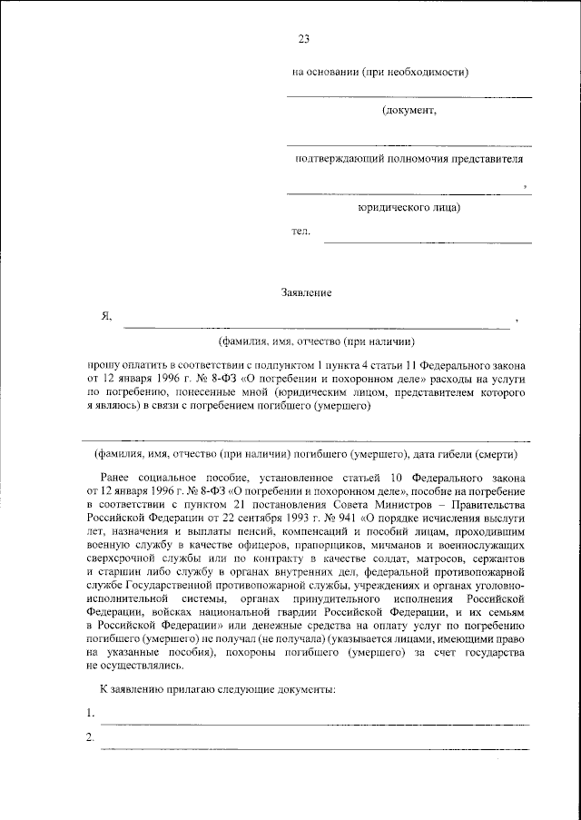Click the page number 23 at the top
[x=304, y=38]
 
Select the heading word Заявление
[x=306, y=292]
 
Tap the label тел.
[x=300, y=232]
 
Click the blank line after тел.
[x=428, y=242]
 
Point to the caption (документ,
[x=409, y=111]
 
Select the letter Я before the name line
[x=105, y=317]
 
